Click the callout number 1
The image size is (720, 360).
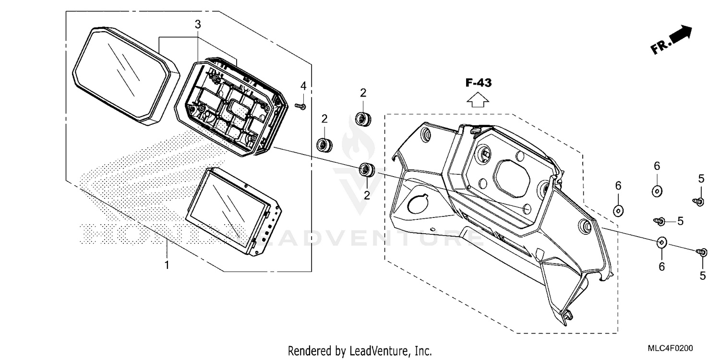coord(167,265)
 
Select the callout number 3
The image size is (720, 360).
coord(197,24)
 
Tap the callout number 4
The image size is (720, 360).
coord(303,86)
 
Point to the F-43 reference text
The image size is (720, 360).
coord(478,83)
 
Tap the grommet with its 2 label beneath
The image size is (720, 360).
coord(368,169)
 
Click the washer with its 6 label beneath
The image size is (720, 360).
coord(661,243)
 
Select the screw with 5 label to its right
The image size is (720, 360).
coord(660,221)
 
